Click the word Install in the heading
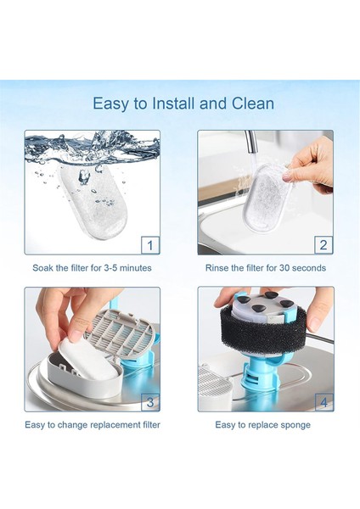click(x=173, y=103)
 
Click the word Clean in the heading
click(x=253, y=103)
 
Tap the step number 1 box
click(x=150, y=245)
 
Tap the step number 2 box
click(x=323, y=245)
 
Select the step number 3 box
click(x=150, y=402)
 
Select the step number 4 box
click(x=324, y=402)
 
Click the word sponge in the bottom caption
click(x=295, y=425)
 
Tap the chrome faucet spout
click(x=250, y=142)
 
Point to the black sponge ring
click(x=264, y=327)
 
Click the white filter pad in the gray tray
click(x=87, y=355)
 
